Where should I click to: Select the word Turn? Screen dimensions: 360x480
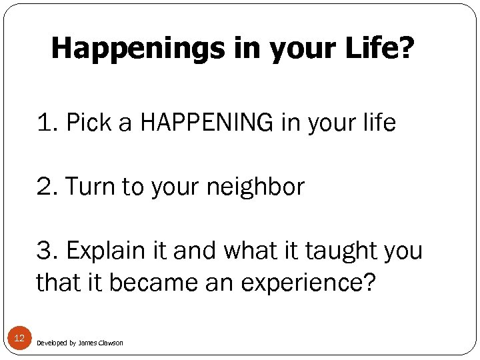[x=93, y=187]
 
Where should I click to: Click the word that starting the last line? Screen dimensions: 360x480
[x=57, y=283]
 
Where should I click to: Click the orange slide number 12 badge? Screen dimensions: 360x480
[x=19, y=339]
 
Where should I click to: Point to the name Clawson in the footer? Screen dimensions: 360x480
[x=111, y=343]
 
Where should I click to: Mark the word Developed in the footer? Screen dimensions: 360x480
[x=51, y=343]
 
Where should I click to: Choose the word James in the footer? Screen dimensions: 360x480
[x=87, y=343]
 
